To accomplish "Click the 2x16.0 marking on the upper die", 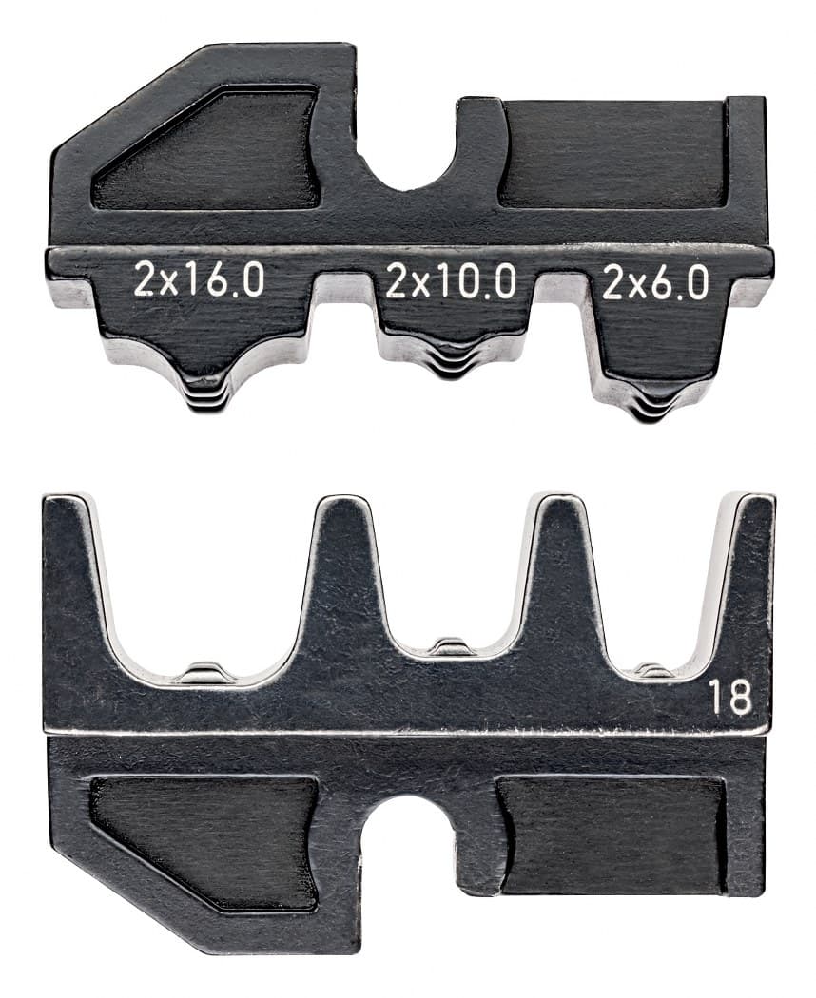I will [x=199, y=282].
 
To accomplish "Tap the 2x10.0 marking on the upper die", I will [x=451, y=282].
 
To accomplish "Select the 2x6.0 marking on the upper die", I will [x=655, y=282].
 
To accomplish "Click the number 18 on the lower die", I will [x=729, y=699].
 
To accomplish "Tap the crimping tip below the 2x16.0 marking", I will [x=204, y=394].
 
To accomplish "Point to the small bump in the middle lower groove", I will [x=451, y=647].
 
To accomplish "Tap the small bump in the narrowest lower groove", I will [x=654, y=670].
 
